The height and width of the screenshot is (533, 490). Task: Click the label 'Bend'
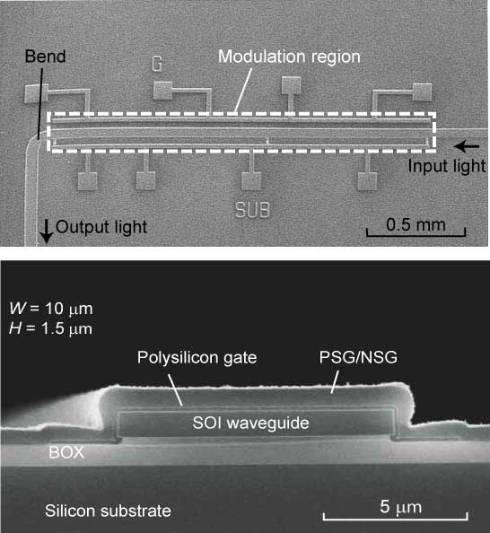pyautogui.click(x=45, y=57)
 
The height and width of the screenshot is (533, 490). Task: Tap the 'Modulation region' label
pyautogui.click(x=289, y=57)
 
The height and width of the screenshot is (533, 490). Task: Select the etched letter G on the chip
pyautogui.click(x=157, y=64)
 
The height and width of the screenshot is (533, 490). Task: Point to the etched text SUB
pyautogui.click(x=253, y=210)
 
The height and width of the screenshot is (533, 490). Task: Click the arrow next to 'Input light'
pyautogui.click(x=467, y=146)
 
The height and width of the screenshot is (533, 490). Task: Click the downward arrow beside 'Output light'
pyautogui.click(x=47, y=232)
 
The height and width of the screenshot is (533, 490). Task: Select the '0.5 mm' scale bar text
pyautogui.click(x=416, y=225)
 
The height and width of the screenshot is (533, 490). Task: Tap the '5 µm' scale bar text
pyautogui.click(x=401, y=507)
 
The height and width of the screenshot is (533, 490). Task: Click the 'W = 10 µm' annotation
pyautogui.click(x=51, y=309)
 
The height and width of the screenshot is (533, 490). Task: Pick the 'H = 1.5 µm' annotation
pyautogui.click(x=51, y=328)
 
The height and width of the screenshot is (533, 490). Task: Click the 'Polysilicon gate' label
pyautogui.click(x=197, y=358)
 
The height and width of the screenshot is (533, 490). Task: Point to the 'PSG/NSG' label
pyautogui.click(x=358, y=357)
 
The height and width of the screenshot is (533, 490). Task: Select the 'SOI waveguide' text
pyautogui.click(x=250, y=423)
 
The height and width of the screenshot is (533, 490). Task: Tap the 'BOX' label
pyautogui.click(x=66, y=452)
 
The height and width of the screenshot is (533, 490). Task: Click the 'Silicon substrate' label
pyautogui.click(x=108, y=511)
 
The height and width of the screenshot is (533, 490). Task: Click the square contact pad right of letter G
pyautogui.click(x=162, y=91)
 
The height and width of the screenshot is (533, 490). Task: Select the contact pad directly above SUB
pyautogui.click(x=251, y=181)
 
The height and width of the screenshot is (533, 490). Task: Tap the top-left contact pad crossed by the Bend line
pyautogui.click(x=35, y=93)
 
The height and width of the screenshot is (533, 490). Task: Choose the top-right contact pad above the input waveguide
pyautogui.click(x=423, y=92)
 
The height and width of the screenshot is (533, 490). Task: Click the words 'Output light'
pyautogui.click(x=101, y=227)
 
